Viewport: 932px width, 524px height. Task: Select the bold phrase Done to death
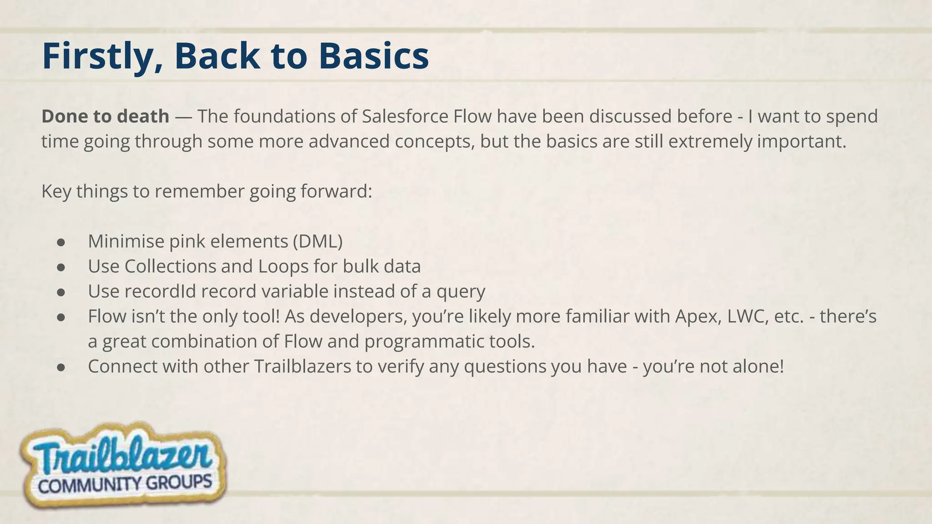coord(105,116)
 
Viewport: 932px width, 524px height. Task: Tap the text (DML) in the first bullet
coord(317,241)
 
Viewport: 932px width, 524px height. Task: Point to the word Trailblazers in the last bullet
coord(302,366)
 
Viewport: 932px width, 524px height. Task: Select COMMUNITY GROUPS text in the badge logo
coord(125,484)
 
